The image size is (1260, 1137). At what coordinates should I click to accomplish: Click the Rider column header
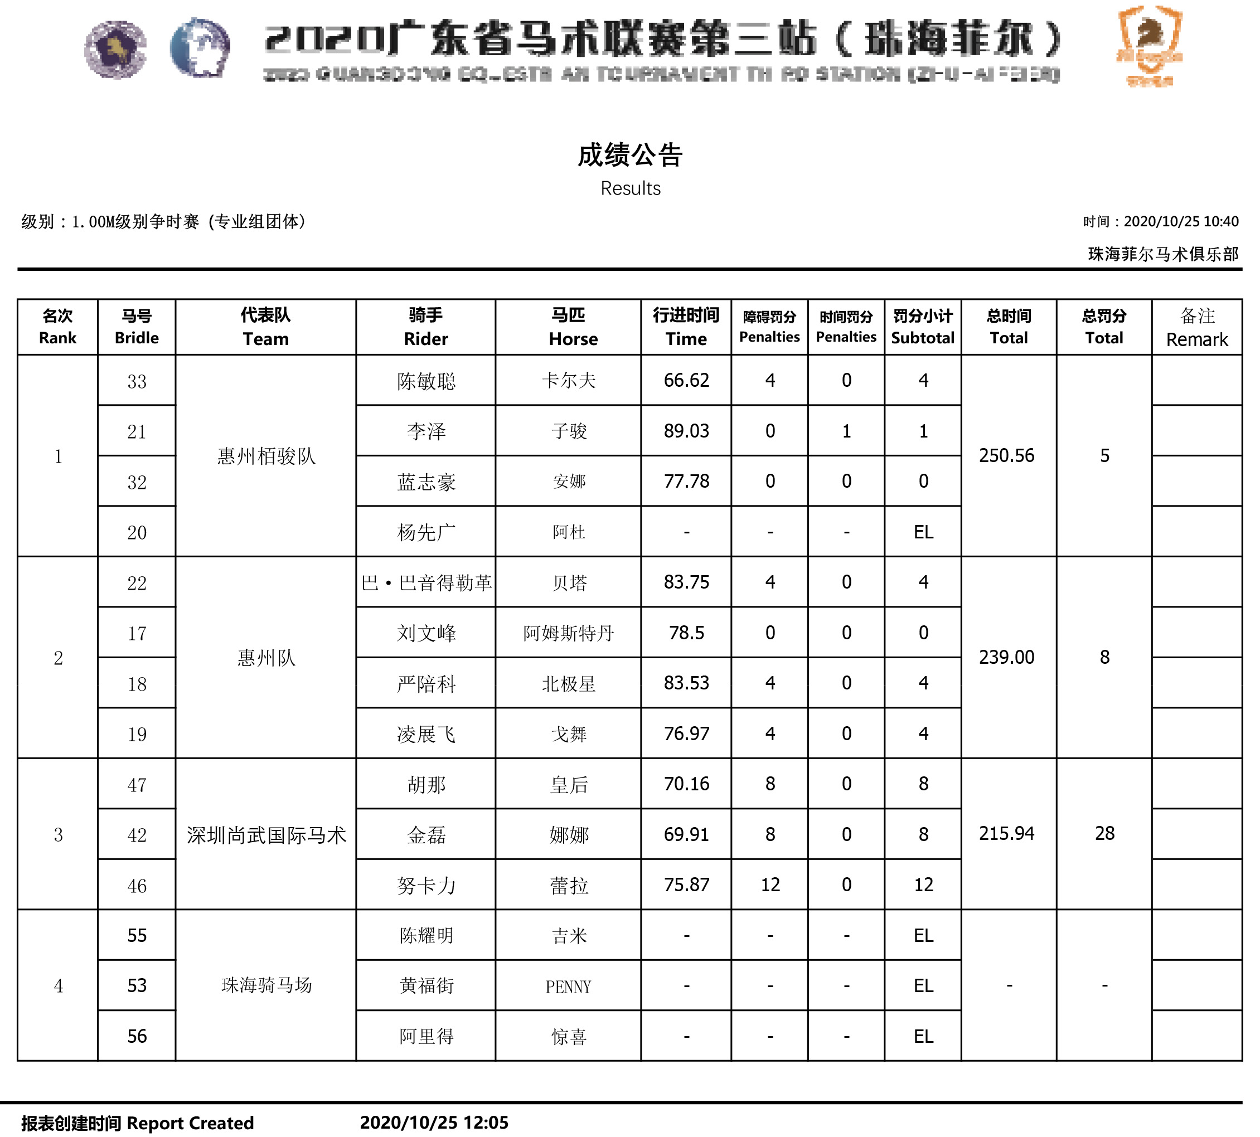click(x=425, y=327)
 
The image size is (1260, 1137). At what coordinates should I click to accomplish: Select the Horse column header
click(x=568, y=327)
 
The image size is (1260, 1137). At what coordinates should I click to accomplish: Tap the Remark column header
click(x=1196, y=327)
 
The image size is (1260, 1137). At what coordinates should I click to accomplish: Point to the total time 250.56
click(x=1006, y=455)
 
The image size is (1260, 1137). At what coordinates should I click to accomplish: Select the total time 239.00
click(x=1006, y=657)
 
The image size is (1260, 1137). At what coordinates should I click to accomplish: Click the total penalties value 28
click(x=1104, y=833)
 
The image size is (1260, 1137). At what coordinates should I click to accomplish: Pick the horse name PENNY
click(x=568, y=987)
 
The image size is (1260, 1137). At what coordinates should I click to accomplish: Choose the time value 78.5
click(x=686, y=633)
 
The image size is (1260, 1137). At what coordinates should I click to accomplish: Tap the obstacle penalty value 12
click(x=769, y=885)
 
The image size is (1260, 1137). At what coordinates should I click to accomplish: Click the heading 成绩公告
click(x=629, y=155)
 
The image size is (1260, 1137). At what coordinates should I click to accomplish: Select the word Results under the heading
click(x=630, y=188)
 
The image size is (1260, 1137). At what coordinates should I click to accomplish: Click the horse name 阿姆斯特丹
click(x=568, y=633)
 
